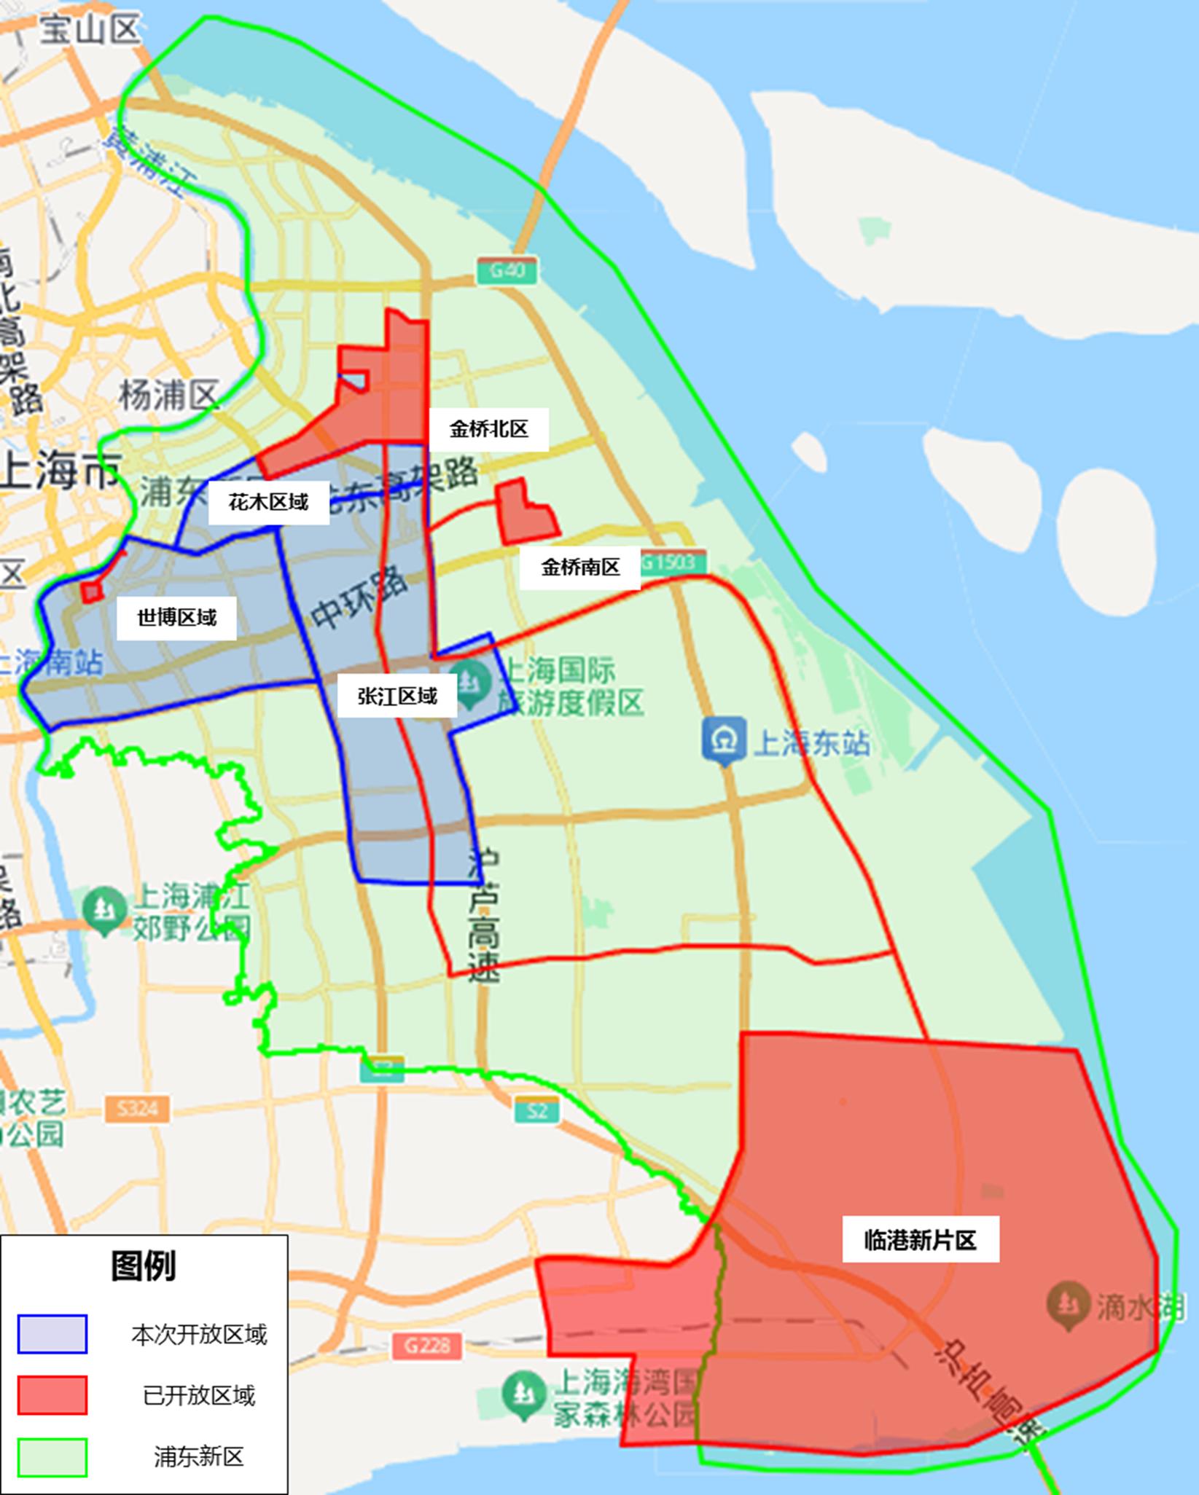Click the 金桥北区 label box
pyautogui.click(x=488, y=429)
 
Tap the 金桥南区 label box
pyautogui.click(x=580, y=567)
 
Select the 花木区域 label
pyautogui.click(x=268, y=502)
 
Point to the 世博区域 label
pyautogui.click(x=176, y=618)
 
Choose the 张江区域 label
pyautogui.click(x=397, y=697)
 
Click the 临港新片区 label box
pyautogui.click(x=920, y=1239)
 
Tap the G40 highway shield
pyautogui.click(x=507, y=271)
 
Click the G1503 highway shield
pyautogui.click(x=672, y=562)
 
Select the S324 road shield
pyautogui.click(x=138, y=1108)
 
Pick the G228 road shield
pyautogui.click(x=427, y=1345)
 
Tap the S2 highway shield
pyautogui.click(x=537, y=1110)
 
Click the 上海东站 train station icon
pyautogui.click(x=725, y=741)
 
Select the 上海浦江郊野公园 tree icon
pyautogui.click(x=105, y=908)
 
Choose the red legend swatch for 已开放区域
pyautogui.click(x=52, y=1395)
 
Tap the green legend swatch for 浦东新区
pyautogui.click(x=52, y=1456)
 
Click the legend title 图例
pyautogui.click(x=144, y=1266)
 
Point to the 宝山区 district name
pyautogui.click(x=89, y=31)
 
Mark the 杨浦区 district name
pyautogui.click(x=168, y=396)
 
